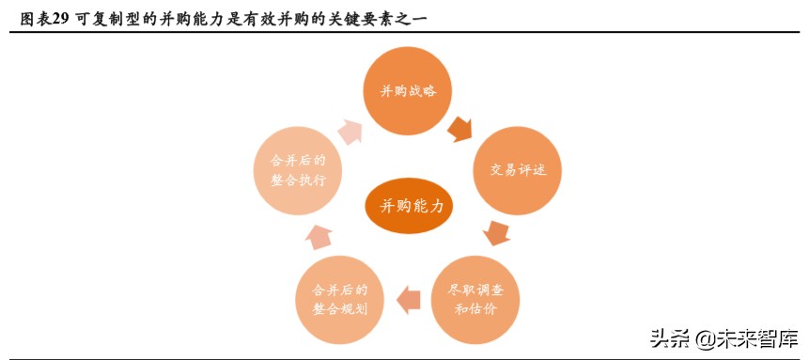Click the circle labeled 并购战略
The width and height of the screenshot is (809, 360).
407,91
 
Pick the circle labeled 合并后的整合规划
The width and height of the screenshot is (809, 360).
340,299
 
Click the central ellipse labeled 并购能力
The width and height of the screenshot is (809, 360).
408,205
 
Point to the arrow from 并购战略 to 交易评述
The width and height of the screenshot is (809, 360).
460,128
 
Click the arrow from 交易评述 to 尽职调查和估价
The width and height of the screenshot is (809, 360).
496,232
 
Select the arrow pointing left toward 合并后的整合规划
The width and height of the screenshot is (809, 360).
408,300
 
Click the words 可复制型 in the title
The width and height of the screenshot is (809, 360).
104,18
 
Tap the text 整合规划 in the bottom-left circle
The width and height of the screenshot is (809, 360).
340,309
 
